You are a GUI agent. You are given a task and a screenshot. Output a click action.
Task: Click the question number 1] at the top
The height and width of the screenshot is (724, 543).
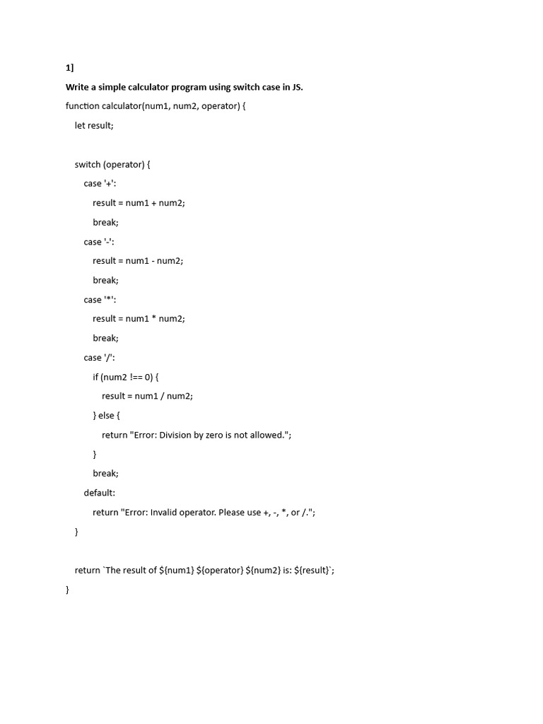tap(69, 68)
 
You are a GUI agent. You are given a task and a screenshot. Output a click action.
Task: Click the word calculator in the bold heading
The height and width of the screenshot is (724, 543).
tap(143, 87)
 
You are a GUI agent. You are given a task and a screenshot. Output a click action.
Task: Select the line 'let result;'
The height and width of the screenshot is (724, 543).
tap(94, 125)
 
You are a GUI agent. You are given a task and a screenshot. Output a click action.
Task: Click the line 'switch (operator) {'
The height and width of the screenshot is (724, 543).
tap(112, 164)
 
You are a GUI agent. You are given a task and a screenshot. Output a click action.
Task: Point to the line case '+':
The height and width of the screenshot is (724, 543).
tap(100, 183)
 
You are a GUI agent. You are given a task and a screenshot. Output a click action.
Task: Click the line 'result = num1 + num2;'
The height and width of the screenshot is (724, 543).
tap(139, 203)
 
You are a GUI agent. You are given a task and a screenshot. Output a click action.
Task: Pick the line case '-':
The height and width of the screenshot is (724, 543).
tap(99, 242)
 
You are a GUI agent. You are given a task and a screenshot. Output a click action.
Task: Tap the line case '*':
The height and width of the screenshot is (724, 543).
tap(100, 300)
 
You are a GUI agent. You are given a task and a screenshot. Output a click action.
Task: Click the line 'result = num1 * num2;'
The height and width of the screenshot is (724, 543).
tap(139, 319)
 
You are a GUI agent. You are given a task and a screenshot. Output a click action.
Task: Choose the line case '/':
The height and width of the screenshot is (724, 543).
tap(99, 358)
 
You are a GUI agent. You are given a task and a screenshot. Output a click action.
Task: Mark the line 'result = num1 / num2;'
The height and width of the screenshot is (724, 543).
tap(147, 396)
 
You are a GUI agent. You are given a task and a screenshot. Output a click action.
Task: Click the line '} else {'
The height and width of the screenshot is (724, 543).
tap(107, 416)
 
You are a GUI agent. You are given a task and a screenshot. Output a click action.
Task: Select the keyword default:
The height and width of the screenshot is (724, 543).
tap(99, 493)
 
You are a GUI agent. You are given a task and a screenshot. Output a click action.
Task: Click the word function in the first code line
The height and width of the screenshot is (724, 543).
tap(82, 106)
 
